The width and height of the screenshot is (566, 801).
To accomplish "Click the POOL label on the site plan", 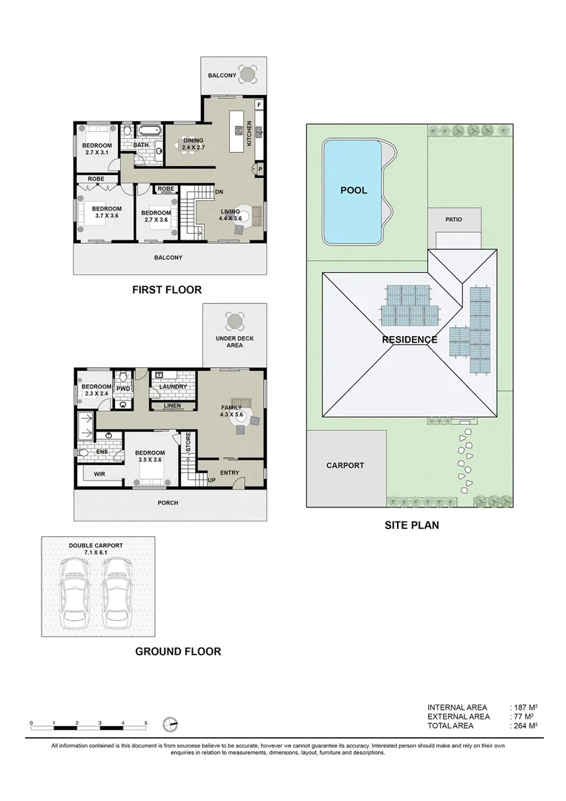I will (x=353, y=191).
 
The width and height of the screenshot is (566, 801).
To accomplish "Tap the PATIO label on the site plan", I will (x=454, y=220).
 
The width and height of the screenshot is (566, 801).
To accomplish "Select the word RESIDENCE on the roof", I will (x=409, y=340).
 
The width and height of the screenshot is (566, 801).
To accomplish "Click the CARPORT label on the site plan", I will (x=345, y=466).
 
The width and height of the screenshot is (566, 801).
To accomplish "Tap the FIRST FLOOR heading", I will (x=166, y=290).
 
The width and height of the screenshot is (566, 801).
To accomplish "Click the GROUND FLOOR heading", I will (x=178, y=651).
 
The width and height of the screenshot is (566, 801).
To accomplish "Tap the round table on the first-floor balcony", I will (x=249, y=74).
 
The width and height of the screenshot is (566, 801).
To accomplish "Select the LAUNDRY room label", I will (x=173, y=386).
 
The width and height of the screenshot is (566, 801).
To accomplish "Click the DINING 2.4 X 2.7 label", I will (x=194, y=143).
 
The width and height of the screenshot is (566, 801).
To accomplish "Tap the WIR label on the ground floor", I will (x=98, y=473).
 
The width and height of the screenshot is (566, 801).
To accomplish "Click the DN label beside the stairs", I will (x=218, y=191).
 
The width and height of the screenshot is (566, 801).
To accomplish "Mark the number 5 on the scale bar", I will (x=145, y=722).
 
